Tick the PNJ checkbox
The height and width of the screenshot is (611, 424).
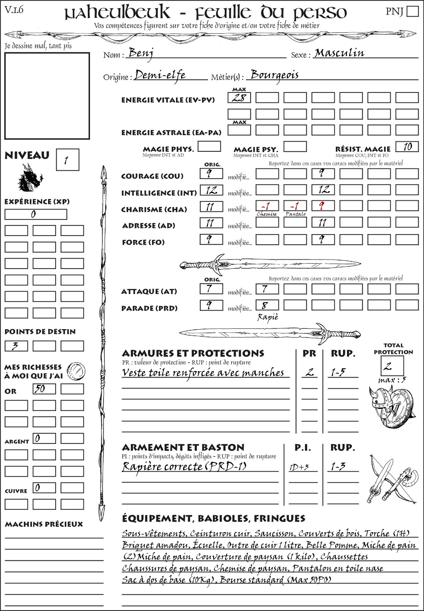point(412,11)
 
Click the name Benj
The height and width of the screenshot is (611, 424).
point(141,53)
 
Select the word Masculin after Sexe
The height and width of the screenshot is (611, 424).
point(339,53)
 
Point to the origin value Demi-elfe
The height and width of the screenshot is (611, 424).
point(160,75)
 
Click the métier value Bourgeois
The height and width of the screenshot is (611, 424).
point(275,75)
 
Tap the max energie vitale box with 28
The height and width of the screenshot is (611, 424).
point(239,98)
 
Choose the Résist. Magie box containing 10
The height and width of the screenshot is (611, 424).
point(407,147)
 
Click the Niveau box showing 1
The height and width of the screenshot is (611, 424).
point(67,160)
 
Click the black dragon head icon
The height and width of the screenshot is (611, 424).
point(30,178)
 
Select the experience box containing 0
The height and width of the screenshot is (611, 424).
point(36,214)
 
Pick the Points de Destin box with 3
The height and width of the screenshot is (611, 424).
point(16,346)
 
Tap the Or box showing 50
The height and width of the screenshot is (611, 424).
point(44,389)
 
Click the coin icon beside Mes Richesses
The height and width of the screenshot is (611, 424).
point(76,370)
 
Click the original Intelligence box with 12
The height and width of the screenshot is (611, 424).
point(211,190)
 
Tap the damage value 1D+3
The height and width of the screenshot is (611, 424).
point(299,467)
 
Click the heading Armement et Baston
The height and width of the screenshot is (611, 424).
point(183,448)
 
